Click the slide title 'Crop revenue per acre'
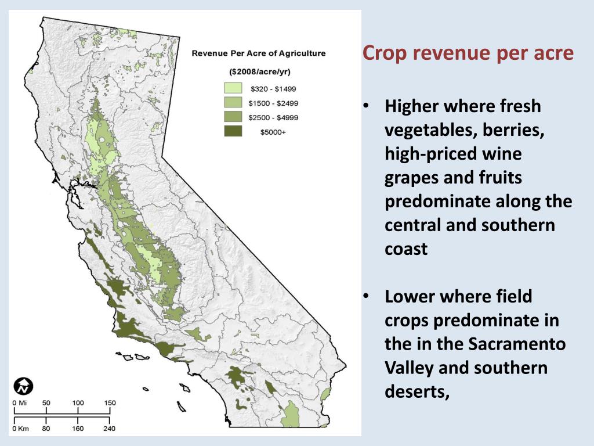tap(468, 53)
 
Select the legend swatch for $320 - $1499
tap(233, 89)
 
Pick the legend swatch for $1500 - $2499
tap(233, 103)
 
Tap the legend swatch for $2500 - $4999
tap(233, 117)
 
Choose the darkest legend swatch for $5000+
tap(233, 132)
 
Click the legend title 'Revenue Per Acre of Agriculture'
tap(259, 53)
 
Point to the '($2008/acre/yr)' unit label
tap(259, 72)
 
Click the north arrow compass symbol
tap(24, 386)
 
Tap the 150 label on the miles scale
tap(110, 403)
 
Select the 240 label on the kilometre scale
tap(109, 429)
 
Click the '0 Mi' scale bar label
tap(20, 403)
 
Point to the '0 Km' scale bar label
tap(20, 429)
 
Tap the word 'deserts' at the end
tap(416, 392)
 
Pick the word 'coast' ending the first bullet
tap(406, 249)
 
